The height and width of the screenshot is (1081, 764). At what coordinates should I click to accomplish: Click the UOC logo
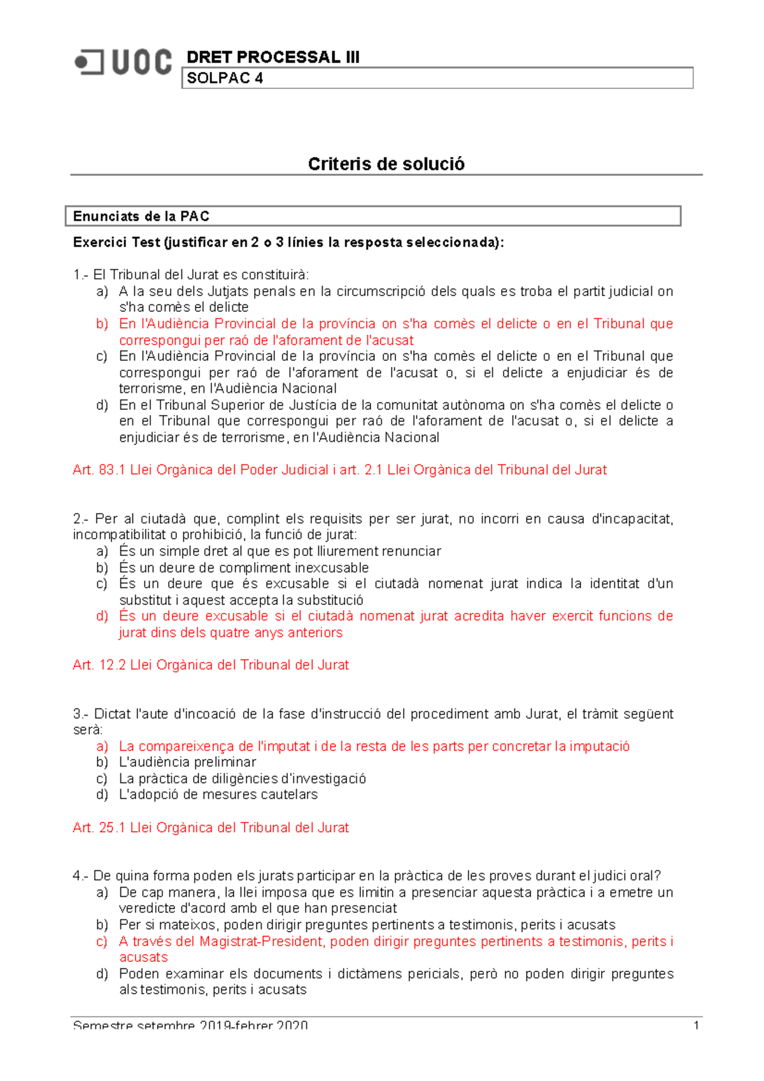point(124,62)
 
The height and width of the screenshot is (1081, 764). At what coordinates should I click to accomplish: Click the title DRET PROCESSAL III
point(272,57)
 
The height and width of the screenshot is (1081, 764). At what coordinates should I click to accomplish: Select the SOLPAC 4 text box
point(437,78)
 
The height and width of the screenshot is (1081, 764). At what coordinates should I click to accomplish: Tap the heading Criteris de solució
point(386,164)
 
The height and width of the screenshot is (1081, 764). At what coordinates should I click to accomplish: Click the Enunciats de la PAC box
point(373,216)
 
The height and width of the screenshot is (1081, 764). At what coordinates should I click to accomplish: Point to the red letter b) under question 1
point(102,324)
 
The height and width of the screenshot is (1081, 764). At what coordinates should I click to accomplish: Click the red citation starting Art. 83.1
point(339,470)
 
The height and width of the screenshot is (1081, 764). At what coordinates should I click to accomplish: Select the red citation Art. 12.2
point(211,665)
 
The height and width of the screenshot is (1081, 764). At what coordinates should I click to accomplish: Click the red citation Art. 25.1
point(211,828)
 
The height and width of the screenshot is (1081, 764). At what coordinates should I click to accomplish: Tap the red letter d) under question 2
point(102,616)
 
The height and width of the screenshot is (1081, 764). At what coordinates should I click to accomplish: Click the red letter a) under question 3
point(102,746)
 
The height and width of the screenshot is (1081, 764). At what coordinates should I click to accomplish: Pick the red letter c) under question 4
point(102,942)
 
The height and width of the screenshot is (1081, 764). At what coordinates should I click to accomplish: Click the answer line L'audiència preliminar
point(187,762)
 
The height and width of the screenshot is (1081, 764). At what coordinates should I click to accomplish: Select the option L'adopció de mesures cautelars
point(218,795)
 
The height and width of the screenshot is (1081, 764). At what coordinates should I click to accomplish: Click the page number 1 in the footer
point(696,1025)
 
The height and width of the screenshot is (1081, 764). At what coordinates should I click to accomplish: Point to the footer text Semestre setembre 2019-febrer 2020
point(190,1025)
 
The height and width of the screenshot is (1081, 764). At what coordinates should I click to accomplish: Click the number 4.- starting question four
point(81,876)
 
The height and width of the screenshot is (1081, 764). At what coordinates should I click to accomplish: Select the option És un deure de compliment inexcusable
point(244,568)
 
